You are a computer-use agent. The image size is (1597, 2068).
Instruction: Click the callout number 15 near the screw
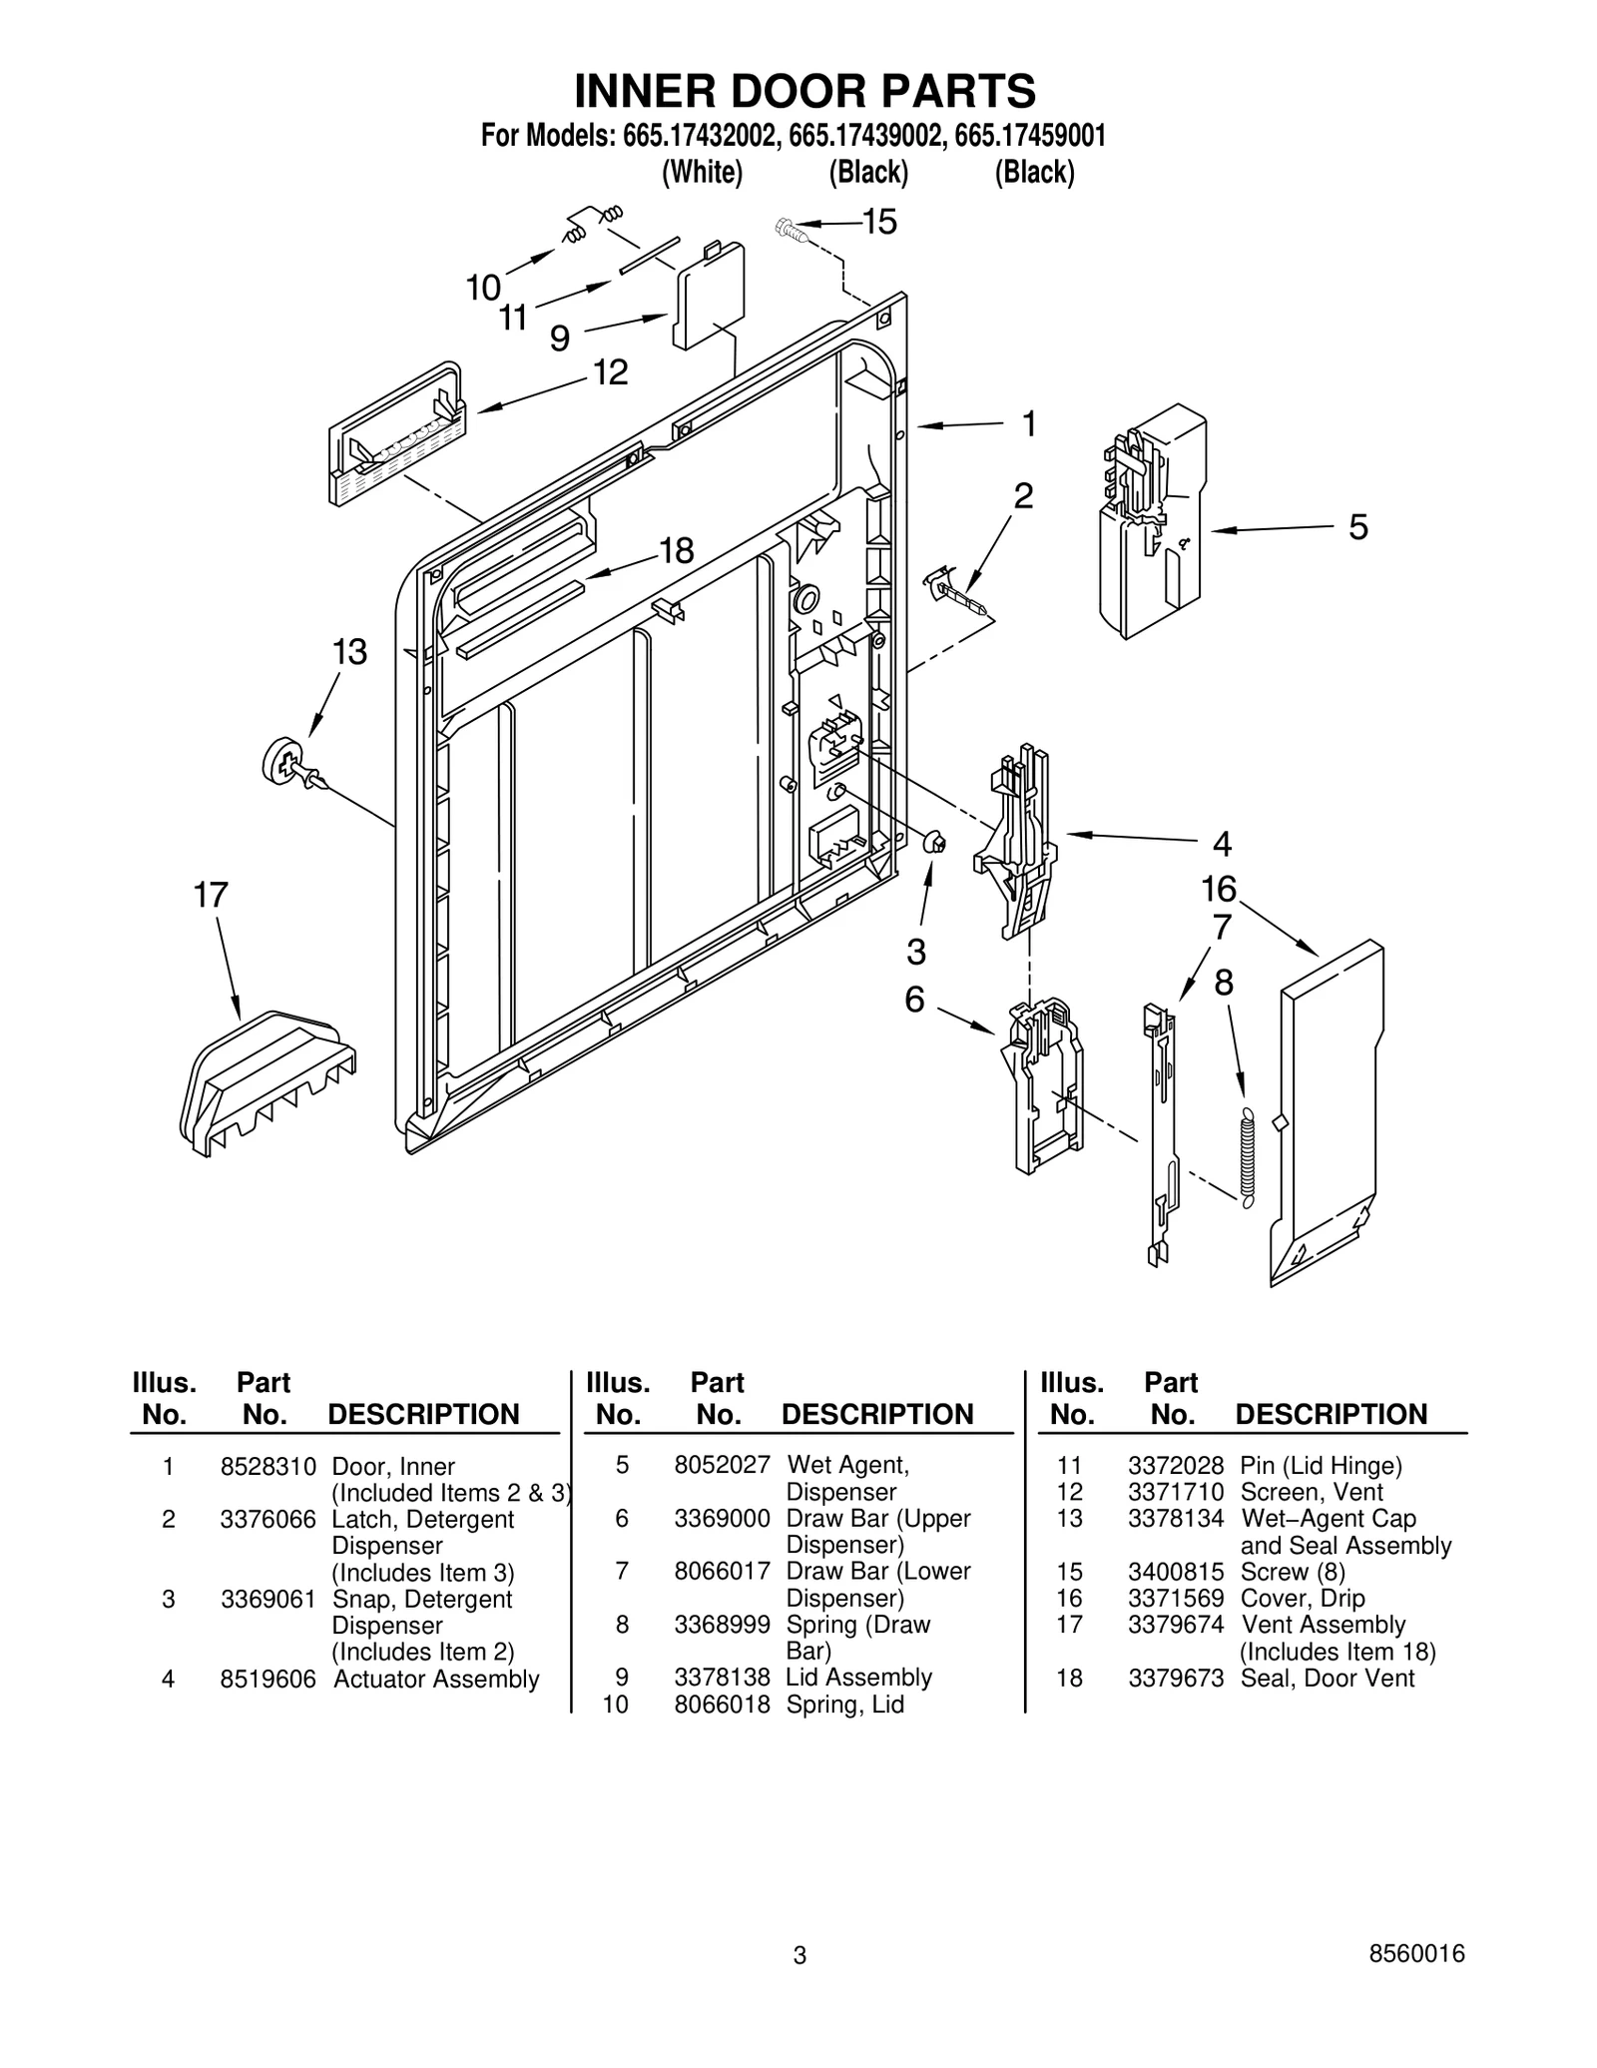(879, 222)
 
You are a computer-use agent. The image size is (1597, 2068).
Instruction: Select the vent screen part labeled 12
(397, 439)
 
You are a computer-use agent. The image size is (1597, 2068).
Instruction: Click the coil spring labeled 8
(1246, 1158)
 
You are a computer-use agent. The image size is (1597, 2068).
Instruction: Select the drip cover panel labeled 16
(1328, 1108)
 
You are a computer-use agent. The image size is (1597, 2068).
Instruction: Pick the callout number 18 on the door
(676, 551)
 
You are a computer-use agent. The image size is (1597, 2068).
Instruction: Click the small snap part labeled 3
(934, 843)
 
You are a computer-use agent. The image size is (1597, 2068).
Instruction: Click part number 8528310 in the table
(267, 1467)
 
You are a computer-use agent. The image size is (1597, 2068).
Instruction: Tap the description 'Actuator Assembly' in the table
(436, 1680)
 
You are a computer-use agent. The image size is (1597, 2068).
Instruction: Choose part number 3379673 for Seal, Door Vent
(1176, 1679)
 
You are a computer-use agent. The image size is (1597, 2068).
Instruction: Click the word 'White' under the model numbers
(703, 173)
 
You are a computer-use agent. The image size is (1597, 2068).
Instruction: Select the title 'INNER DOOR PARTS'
(804, 91)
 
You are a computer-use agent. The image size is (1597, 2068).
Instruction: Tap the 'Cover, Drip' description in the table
(1303, 1599)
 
